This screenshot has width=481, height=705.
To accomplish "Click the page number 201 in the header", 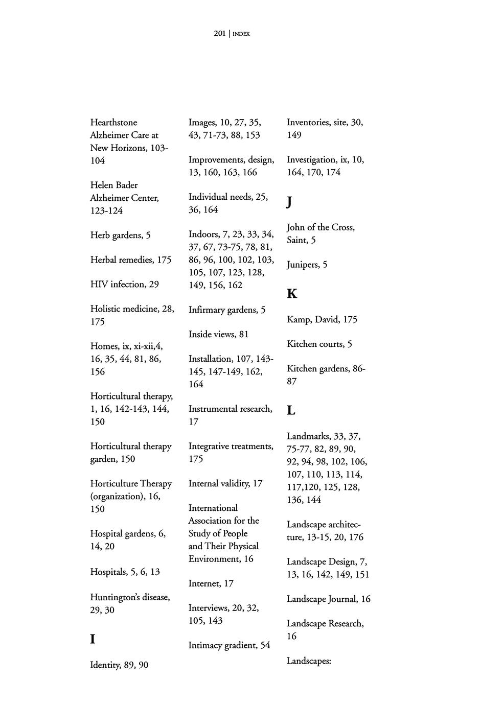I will (220, 34).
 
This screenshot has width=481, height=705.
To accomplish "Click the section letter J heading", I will (289, 202).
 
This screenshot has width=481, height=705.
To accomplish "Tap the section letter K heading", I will (292, 294).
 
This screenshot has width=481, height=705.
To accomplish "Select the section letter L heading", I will (291, 410).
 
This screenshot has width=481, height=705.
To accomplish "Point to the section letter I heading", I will (93, 639).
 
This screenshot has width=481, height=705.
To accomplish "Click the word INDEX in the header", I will (241, 34).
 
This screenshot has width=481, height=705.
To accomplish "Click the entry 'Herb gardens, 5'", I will (120, 236).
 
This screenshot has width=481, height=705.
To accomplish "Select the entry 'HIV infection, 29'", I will (124, 285).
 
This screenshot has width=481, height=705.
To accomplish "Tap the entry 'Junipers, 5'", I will (307, 265).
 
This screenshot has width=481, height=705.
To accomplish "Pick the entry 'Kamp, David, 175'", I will (322, 320).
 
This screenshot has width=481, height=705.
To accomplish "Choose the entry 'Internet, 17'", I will (211, 583).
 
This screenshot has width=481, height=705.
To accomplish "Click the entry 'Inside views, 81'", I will (218, 335).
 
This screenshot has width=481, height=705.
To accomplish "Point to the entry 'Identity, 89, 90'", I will (119, 665).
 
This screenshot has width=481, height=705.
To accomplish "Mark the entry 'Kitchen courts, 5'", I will (319, 344).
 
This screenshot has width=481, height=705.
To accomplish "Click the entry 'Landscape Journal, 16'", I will (328, 599).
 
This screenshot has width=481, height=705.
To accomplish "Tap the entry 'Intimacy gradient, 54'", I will (229, 646).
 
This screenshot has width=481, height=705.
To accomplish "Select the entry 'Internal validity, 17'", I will (225, 484).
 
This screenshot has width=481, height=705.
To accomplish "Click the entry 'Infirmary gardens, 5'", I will (226, 310).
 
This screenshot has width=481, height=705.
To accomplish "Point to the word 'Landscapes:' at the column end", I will (309, 661).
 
